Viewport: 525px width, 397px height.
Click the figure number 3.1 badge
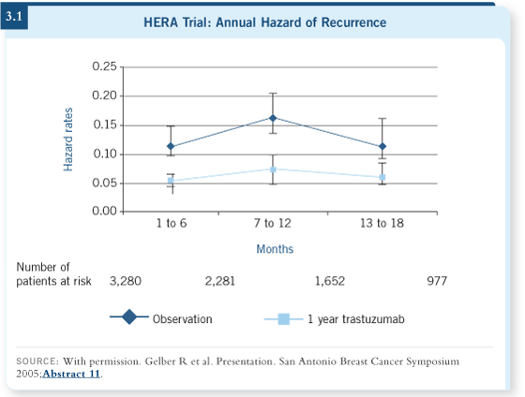click(x=14, y=17)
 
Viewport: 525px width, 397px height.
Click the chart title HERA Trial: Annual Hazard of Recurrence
click(x=264, y=22)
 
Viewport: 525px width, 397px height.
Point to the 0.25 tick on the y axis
click(x=104, y=66)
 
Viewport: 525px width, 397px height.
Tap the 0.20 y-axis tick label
click(x=104, y=96)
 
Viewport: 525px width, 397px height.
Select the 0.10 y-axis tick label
click(x=104, y=154)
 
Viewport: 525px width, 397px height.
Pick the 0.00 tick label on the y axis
click(x=104, y=211)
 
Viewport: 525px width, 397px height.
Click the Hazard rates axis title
click(x=67, y=140)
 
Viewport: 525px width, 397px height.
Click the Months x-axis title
click(x=275, y=249)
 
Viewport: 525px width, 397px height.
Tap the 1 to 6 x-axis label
click(x=172, y=223)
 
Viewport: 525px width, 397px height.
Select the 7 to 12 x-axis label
click(x=273, y=223)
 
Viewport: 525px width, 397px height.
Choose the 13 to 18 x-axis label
click(x=382, y=223)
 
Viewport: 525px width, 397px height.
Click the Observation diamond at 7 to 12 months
click(x=273, y=118)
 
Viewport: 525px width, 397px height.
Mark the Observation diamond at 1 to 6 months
click(x=171, y=146)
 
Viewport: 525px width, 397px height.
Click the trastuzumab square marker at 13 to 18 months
click(x=382, y=177)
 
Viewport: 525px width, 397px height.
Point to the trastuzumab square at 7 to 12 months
click(x=273, y=169)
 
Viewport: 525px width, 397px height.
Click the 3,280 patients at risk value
click(x=126, y=281)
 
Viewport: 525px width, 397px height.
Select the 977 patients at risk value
click(x=437, y=281)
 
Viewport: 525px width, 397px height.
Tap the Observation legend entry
click(x=161, y=318)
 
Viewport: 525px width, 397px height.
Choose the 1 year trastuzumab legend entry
click(x=334, y=319)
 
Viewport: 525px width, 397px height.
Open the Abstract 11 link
click(x=71, y=374)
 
